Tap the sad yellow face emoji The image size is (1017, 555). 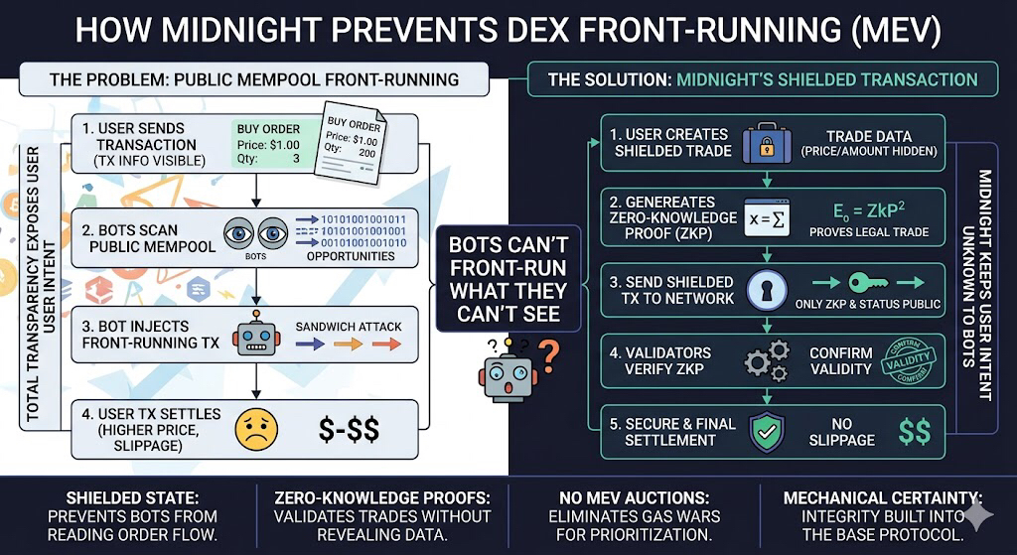tap(255, 428)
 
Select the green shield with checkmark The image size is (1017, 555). tap(767, 431)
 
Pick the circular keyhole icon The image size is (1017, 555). tap(767, 288)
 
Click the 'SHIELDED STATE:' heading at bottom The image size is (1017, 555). tap(123, 497)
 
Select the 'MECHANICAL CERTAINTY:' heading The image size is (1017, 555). tap(882, 497)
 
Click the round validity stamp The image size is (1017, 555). tap(907, 360)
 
